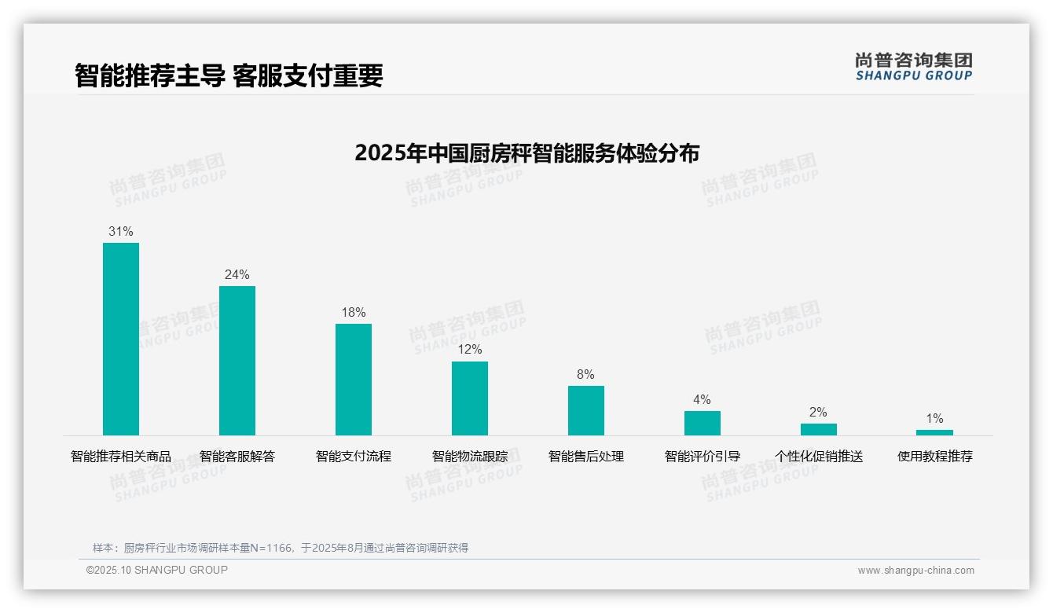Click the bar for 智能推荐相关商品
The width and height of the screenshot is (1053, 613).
click(121, 339)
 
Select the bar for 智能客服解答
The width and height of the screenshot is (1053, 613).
click(237, 360)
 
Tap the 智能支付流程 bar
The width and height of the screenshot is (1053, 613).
click(354, 379)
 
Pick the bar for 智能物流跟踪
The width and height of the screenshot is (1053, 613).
click(470, 398)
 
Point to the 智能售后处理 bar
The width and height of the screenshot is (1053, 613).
click(586, 410)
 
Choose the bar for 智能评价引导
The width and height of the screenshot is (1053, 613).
click(703, 423)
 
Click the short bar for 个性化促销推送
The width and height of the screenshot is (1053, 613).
click(819, 429)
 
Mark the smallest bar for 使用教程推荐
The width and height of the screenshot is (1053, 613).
click(934, 432)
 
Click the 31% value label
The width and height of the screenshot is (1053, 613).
click(121, 232)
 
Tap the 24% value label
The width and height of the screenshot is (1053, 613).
click(237, 275)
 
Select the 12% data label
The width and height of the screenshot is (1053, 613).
click(470, 350)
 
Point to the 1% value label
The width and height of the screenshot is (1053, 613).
click(934, 419)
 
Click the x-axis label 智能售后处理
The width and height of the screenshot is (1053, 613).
click(586, 457)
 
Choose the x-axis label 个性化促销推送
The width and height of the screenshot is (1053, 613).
click(819, 457)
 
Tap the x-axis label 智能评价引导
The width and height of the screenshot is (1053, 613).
click(703, 457)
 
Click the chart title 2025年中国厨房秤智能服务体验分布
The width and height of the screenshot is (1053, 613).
click(526, 153)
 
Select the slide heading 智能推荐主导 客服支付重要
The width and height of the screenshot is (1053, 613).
click(229, 76)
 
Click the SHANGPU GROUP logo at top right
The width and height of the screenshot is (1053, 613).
click(913, 67)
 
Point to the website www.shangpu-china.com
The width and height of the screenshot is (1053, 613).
click(915, 571)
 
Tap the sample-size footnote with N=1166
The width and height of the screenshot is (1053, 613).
click(281, 548)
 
